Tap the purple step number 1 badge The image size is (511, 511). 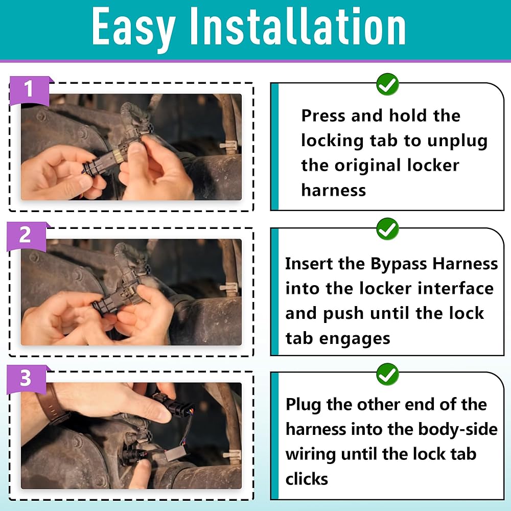pos(30,91)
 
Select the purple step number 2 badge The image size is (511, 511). pos(27,237)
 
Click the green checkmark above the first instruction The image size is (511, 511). pos(387,84)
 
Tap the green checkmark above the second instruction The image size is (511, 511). pos(387,229)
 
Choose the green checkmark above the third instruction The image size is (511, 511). pos(387,374)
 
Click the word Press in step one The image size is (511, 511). pos(323,115)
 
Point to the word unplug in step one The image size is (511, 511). pos(457,142)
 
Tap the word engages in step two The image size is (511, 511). pos(355,339)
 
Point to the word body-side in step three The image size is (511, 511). pos(457,430)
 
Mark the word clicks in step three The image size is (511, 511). pos(307,479)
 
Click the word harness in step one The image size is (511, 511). pos(333,190)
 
